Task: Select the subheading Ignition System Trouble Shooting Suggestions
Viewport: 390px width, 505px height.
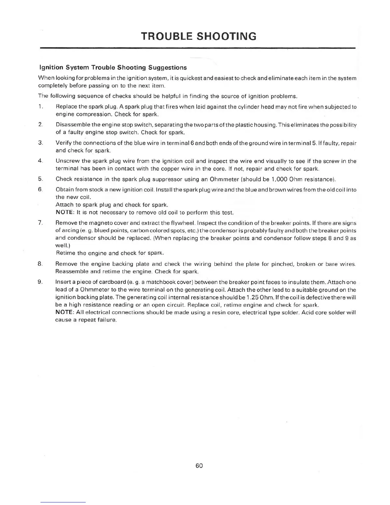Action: click(x=112, y=68)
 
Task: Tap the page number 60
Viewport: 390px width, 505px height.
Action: click(x=199, y=465)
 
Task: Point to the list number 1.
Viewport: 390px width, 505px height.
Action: click(x=40, y=107)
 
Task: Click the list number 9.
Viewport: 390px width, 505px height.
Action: click(x=40, y=282)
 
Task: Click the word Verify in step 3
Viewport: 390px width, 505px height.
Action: click(x=63, y=143)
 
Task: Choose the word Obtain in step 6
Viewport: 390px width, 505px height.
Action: click(x=64, y=190)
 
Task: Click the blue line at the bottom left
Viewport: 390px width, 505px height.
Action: click(x=63, y=502)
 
